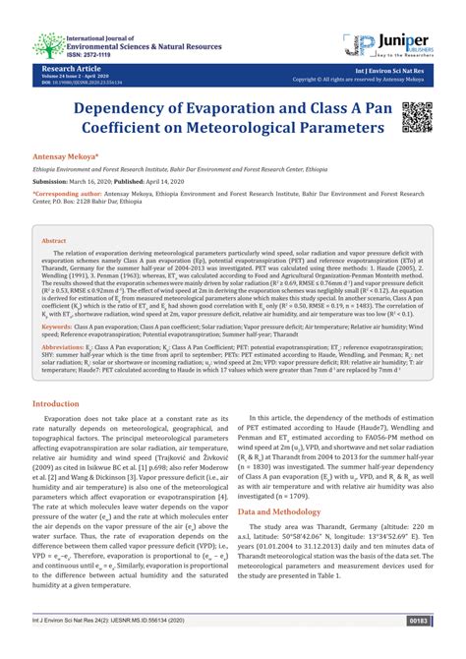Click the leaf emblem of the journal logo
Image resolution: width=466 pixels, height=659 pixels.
(x=44, y=44)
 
